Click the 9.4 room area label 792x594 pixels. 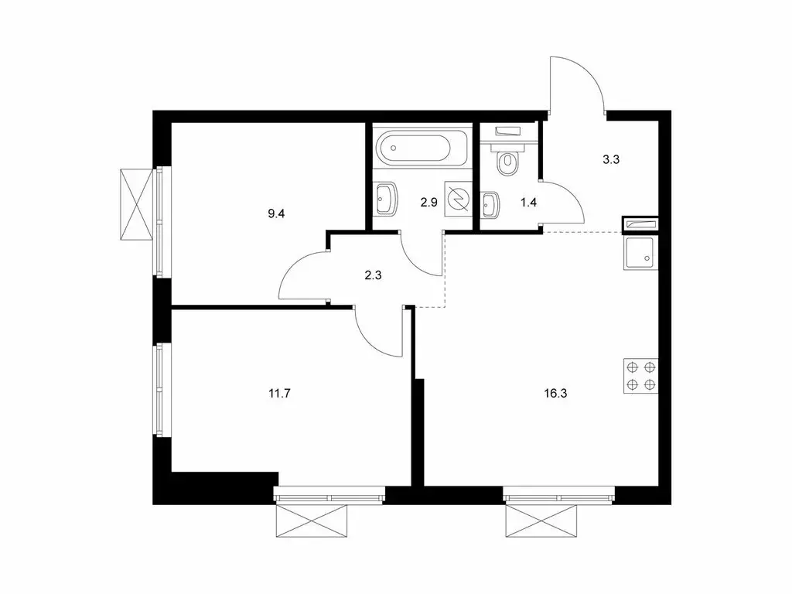tap(276, 213)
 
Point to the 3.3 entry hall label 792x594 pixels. tap(611, 161)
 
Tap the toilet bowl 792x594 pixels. tap(508, 160)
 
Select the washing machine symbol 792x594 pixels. tap(458, 199)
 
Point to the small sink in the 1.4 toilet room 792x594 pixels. tap(490, 206)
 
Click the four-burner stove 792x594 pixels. tap(641, 376)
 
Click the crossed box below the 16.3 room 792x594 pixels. tap(541, 521)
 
